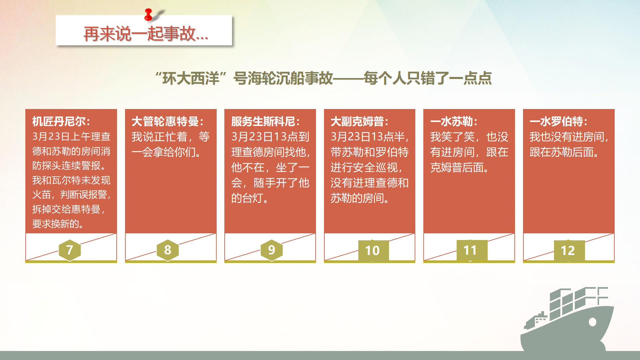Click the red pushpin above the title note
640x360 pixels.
(x=149, y=15)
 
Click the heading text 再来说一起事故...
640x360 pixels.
(x=146, y=34)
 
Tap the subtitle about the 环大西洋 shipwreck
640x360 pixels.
(x=323, y=78)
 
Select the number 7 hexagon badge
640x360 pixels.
(x=70, y=250)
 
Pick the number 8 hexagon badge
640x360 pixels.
(x=168, y=250)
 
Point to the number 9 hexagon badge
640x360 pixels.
(x=272, y=250)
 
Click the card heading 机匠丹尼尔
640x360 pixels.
(x=61, y=121)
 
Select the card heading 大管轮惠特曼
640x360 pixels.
(x=168, y=121)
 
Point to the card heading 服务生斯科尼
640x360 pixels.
(x=266, y=121)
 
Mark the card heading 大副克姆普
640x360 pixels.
(x=359, y=121)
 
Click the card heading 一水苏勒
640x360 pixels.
(x=454, y=121)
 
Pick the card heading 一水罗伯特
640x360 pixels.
(x=558, y=121)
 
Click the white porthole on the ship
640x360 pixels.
(x=592, y=322)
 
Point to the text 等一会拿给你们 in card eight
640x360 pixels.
(x=171, y=144)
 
